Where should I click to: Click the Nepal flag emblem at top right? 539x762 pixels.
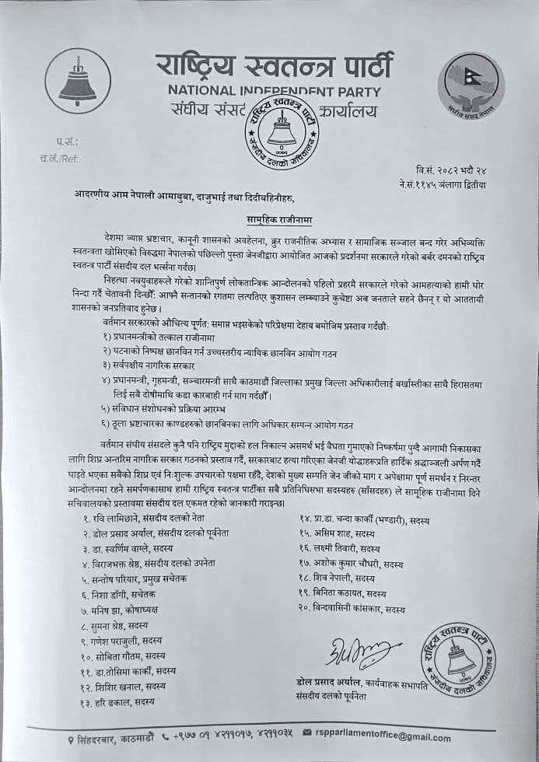point(470,85)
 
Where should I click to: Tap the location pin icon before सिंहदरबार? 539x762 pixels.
point(70,738)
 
